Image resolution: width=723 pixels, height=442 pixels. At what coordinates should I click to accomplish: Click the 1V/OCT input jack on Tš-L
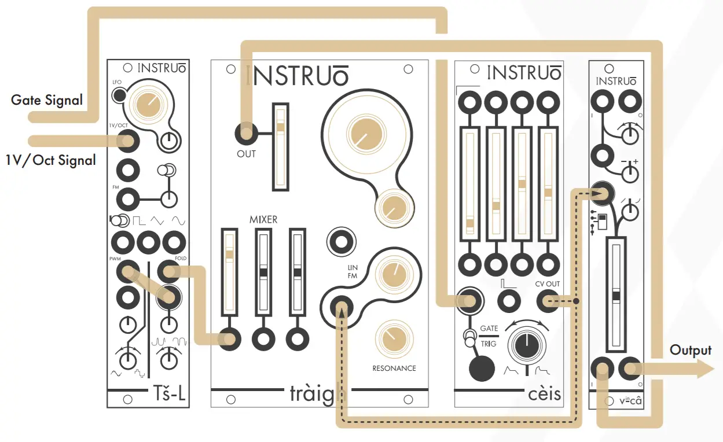[127, 141]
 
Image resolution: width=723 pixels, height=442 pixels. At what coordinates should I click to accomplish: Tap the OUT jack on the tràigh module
[247, 132]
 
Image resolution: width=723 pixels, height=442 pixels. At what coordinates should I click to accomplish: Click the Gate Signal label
[47, 100]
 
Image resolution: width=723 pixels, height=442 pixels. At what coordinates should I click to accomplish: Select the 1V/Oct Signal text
[51, 160]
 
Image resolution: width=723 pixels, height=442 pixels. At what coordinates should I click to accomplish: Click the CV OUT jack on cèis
[547, 301]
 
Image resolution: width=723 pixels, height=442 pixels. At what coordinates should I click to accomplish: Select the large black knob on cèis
[526, 345]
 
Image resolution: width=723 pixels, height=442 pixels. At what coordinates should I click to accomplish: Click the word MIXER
[263, 220]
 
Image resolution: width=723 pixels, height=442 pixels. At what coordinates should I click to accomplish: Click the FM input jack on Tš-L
[127, 200]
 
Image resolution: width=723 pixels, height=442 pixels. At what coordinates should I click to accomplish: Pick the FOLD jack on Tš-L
[169, 270]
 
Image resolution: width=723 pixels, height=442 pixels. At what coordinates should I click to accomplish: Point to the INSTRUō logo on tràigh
[298, 76]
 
